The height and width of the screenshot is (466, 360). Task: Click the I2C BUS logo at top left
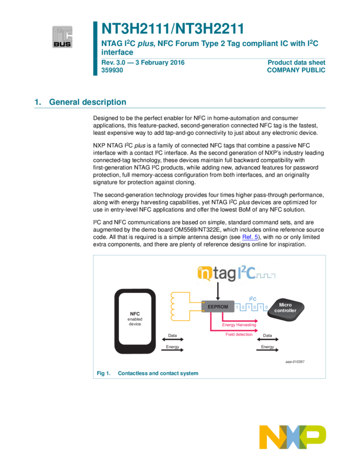click(x=62, y=37)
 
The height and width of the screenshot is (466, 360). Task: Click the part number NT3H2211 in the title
click(x=208, y=29)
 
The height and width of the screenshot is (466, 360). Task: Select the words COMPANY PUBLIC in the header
click(x=296, y=70)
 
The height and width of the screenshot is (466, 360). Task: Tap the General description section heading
click(x=88, y=102)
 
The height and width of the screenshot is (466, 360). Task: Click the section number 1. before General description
click(x=38, y=102)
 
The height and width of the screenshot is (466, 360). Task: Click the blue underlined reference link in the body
click(x=250, y=237)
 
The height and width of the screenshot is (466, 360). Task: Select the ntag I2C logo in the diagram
click(x=235, y=273)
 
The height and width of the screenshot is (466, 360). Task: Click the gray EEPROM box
click(x=218, y=306)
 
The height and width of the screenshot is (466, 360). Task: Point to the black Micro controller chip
click(x=285, y=308)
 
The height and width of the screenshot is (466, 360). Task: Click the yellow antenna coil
click(x=180, y=306)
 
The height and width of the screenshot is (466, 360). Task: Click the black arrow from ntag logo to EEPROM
click(x=218, y=293)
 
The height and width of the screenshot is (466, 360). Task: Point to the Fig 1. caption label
click(x=104, y=373)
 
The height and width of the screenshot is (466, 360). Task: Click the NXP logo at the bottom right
click(x=293, y=437)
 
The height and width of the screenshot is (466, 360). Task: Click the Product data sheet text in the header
click(x=296, y=62)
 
